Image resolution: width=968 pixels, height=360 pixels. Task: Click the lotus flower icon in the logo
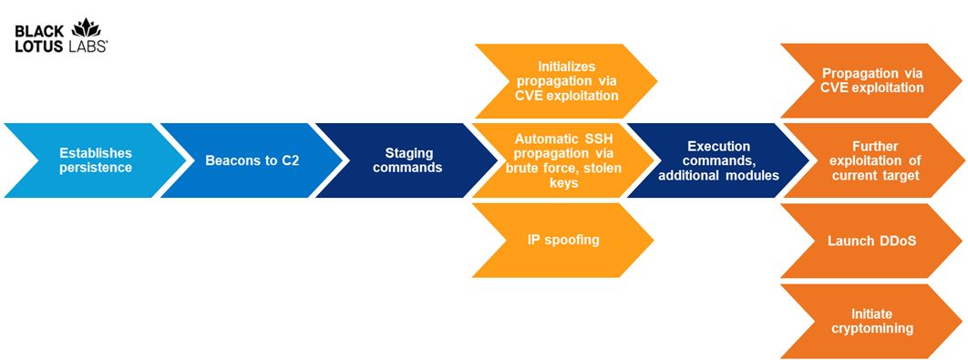pos(87,27)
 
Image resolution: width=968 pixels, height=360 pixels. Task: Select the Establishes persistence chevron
pos(95,160)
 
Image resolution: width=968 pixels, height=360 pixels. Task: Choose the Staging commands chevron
pos(407,160)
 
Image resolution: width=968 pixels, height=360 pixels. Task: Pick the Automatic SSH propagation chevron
pos(563,160)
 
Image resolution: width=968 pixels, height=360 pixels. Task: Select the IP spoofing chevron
pos(563,241)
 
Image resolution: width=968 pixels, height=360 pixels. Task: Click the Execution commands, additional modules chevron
pos(718,160)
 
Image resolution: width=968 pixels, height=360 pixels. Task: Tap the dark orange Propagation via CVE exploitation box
pos(871,81)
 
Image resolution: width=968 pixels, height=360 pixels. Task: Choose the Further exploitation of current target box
pos(871,160)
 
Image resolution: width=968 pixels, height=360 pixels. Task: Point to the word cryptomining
pos(871,328)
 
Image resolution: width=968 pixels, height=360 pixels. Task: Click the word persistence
pos(96,168)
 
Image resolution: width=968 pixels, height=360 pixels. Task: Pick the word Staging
pos(407,153)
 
